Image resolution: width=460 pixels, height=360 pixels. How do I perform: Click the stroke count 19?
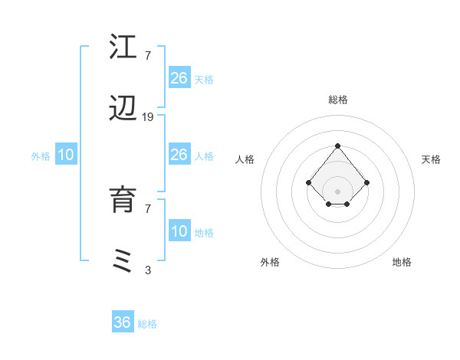pos(148,116)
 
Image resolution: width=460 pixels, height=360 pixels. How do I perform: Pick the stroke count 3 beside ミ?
pos(148,270)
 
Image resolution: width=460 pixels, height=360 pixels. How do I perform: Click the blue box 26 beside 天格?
pos(179,78)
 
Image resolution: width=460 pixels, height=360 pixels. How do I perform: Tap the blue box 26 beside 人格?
pos(179,155)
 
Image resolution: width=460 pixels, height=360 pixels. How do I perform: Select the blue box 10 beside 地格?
pos(179,231)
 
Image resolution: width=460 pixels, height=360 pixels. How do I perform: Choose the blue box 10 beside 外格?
pos(66,155)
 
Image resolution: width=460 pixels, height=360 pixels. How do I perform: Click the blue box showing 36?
pos(123,322)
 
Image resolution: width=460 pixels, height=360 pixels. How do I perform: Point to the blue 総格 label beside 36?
pos(147,324)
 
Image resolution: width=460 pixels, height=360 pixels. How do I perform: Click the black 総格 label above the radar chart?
pos(338,100)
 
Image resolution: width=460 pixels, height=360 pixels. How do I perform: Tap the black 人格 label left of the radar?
pos(245,159)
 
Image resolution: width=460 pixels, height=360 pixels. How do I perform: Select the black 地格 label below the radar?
pos(402,262)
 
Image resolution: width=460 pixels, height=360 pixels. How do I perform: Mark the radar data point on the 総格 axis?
pos(337,146)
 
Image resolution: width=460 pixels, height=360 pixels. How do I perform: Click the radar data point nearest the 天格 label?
pos(367,182)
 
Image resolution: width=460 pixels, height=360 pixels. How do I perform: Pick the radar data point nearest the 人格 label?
pos(308,182)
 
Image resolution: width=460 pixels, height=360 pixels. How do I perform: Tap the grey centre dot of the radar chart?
pos(337,191)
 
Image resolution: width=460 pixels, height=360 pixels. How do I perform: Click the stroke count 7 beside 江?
pos(148,55)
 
